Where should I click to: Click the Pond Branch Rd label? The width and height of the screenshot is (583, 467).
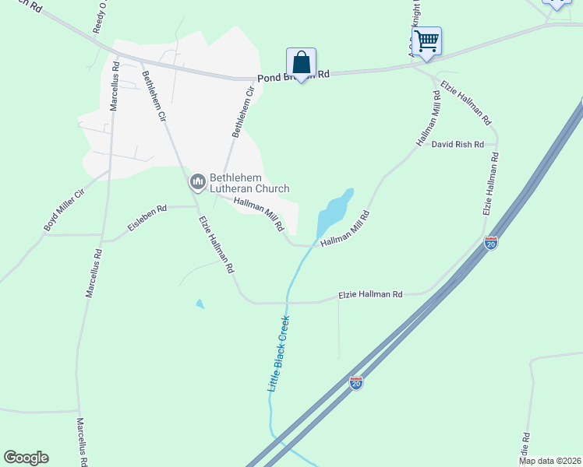click(293, 74)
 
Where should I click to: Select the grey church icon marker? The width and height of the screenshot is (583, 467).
click(197, 182)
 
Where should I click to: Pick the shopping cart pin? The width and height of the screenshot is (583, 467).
click(426, 40)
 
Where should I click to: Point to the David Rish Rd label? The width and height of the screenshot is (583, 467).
click(458, 145)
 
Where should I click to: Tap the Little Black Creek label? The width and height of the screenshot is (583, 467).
click(278, 353)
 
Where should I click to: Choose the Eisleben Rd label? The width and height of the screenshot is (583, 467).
click(147, 219)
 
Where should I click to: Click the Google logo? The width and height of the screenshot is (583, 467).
click(26, 458)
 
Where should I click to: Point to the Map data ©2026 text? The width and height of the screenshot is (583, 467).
click(549, 461)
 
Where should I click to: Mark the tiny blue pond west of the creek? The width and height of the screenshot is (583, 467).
click(200, 304)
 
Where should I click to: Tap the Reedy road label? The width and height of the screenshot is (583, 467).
click(99, 19)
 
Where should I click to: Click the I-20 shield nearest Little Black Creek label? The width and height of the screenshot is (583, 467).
click(356, 383)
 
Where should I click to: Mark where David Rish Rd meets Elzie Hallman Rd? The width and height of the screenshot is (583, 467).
click(496, 145)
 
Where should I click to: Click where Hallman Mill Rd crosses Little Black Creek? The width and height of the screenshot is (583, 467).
click(313, 245)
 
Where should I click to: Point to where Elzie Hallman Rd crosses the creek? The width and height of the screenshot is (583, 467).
click(288, 302)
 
